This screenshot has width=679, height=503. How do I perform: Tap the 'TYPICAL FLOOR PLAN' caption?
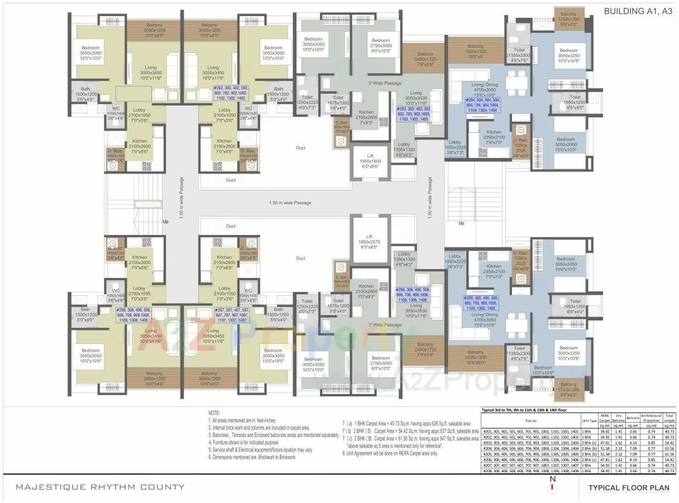pyautogui.click(x=628, y=487)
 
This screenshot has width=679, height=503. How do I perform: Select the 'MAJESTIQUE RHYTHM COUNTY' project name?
pyautogui.click(x=100, y=487)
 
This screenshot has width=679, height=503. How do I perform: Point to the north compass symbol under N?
pyautogui.click(x=553, y=488)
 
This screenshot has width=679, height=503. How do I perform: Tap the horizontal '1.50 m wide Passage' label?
pyautogui.click(x=290, y=203)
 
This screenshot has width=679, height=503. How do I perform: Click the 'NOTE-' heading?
pyautogui.click(x=214, y=413)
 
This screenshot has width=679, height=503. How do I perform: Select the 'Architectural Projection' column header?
pyautogui.click(x=651, y=418)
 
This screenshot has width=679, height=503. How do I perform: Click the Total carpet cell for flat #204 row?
pyautogui.click(x=670, y=448)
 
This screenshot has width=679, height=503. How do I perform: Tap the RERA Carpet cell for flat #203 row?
pyautogui.click(x=605, y=442)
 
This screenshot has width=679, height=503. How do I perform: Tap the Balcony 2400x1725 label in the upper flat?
pyautogui.click(x=424, y=61)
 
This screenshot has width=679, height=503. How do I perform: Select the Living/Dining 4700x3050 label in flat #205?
pyautogui.click(x=484, y=318)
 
